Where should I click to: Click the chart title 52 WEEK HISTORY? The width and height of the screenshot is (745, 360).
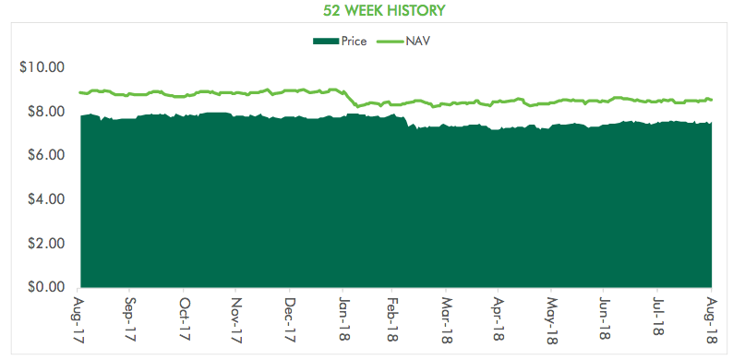pos(384,10)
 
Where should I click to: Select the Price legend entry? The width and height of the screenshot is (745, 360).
pos(340,42)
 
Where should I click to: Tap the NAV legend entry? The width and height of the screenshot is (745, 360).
pos(403,42)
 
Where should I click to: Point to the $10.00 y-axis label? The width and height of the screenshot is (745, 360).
pos(42,67)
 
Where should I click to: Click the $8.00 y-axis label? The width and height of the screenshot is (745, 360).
pos(45,112)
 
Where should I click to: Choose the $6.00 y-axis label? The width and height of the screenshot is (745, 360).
pos(45,155)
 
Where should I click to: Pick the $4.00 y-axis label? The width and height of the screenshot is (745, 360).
pos(45,199)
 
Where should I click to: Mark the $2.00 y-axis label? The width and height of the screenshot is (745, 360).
pos(45,243)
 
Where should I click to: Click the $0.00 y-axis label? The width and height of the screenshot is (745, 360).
pos(45,287)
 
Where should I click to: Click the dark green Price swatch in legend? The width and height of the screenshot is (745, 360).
pos(326,42)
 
